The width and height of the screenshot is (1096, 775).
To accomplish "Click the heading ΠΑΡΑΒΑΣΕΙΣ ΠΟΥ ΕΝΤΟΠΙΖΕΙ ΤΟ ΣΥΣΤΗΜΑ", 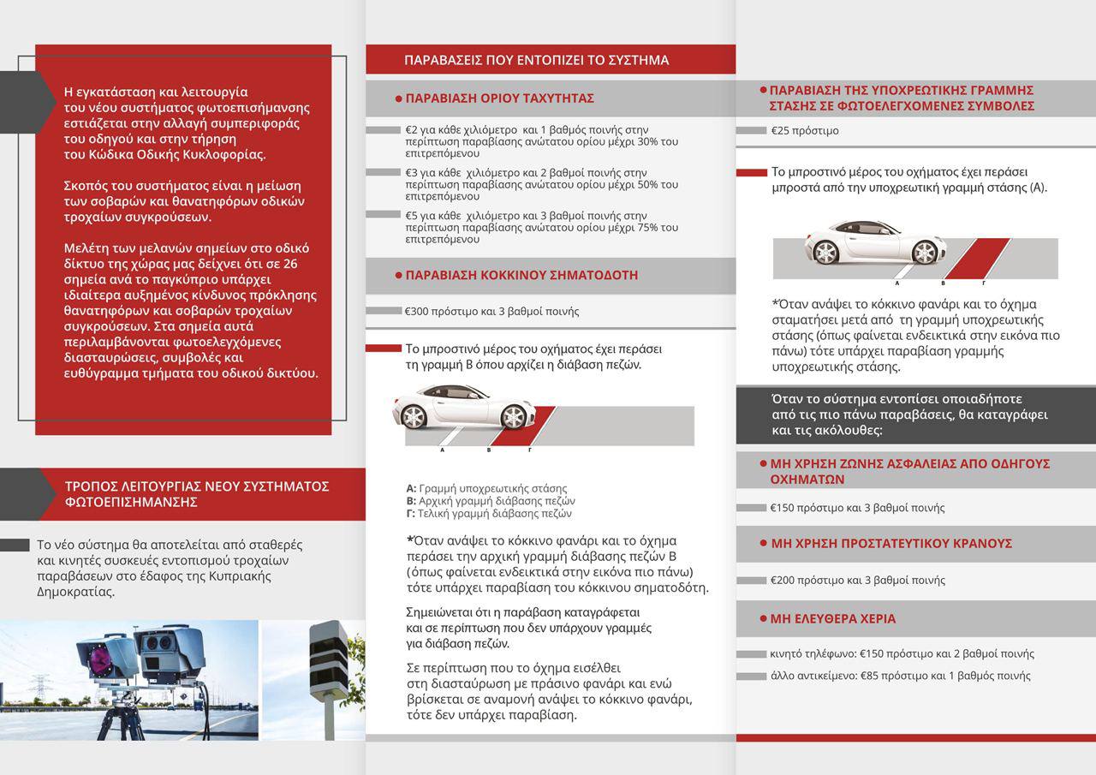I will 536,60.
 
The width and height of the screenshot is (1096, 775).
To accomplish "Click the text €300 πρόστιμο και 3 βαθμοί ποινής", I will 491,312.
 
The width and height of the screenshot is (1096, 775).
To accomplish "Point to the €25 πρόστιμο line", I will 804,131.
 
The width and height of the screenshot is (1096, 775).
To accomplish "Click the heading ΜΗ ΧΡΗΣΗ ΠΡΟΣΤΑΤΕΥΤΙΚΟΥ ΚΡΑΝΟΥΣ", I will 891,543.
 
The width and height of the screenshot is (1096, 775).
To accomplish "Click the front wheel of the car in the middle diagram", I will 514,417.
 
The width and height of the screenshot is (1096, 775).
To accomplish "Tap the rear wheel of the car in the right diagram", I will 825,252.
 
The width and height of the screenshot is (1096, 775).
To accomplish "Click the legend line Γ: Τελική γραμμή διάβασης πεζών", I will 489,514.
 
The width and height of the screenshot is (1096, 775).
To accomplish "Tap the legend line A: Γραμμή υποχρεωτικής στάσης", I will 486,489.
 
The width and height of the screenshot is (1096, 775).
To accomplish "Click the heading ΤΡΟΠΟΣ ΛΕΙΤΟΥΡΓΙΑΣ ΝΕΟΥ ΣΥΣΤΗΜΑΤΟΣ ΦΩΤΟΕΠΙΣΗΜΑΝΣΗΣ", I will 197,494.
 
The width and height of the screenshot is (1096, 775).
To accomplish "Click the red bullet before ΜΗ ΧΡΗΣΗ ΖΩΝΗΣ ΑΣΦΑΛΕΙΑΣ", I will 762,463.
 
